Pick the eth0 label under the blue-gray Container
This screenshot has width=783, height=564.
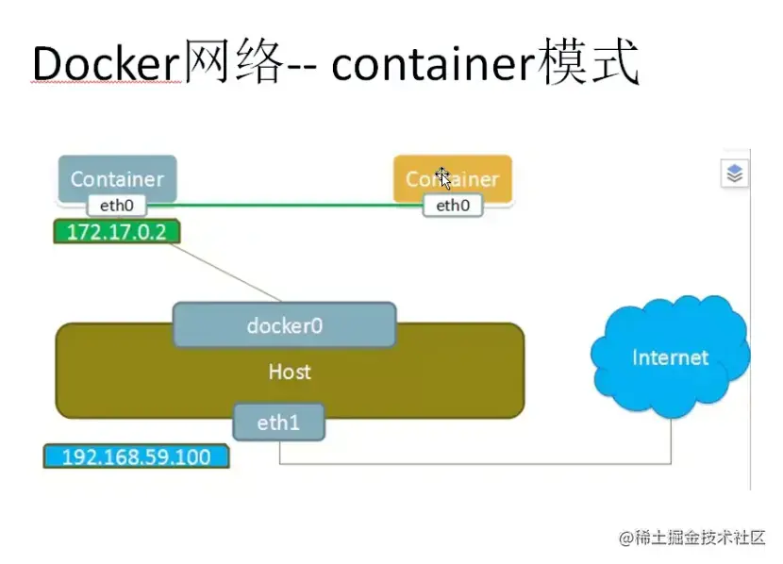point(118,205)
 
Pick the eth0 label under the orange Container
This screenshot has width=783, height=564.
point(452,206)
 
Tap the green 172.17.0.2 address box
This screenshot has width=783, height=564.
point(117,231)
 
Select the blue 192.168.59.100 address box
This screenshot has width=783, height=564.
point(137,457)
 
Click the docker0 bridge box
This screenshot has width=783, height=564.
point(284,325)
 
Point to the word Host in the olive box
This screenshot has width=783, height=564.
point(289,372)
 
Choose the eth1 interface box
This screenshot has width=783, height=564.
point(278,423)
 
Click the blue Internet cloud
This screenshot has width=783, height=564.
point(670,357)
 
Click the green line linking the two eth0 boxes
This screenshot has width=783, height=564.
point(283,204)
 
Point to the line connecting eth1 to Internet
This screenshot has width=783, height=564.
point(472,464)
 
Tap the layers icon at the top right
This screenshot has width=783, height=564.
point(736,174)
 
